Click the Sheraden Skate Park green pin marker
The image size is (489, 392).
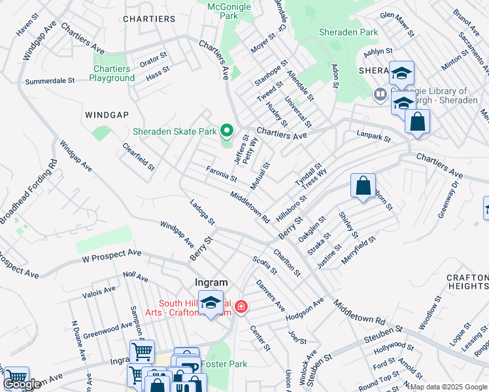[227, 131]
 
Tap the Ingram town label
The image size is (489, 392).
[211, 283]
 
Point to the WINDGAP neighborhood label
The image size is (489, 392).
[107, 114]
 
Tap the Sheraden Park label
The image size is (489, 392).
[348, 32]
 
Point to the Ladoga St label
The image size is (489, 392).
[202, 212]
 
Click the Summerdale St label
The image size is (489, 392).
[50, 82]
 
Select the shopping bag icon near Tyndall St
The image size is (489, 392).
[363, 185]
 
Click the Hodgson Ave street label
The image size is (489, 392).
[305, 307]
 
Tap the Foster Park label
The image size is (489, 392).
[224, 363]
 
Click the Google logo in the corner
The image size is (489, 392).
[22, 384]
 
